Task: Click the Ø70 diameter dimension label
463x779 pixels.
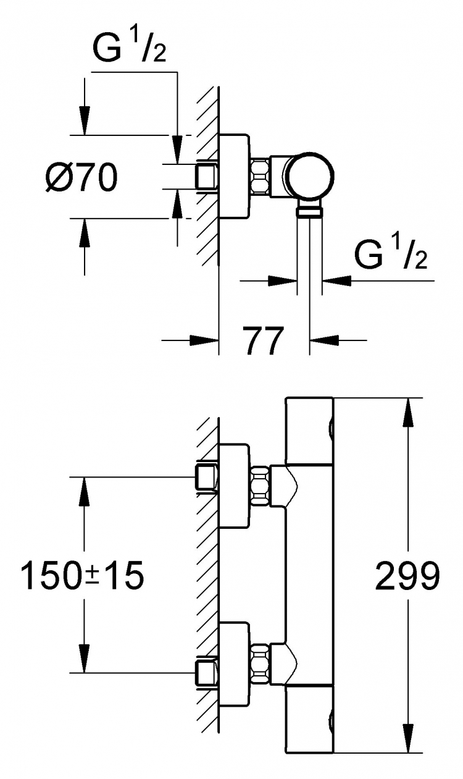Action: (x=81, y=177)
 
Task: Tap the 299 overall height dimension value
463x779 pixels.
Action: (x=407, y=576)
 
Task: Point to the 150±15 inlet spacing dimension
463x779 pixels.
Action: (x=82, y=575)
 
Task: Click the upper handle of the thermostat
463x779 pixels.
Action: (x=309, y=431)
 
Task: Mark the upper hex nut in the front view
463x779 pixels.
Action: (x=260, y=486)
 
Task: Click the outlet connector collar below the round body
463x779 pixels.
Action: (x=309, y=211)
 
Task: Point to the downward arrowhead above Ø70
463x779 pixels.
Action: (x=84, y=120)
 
